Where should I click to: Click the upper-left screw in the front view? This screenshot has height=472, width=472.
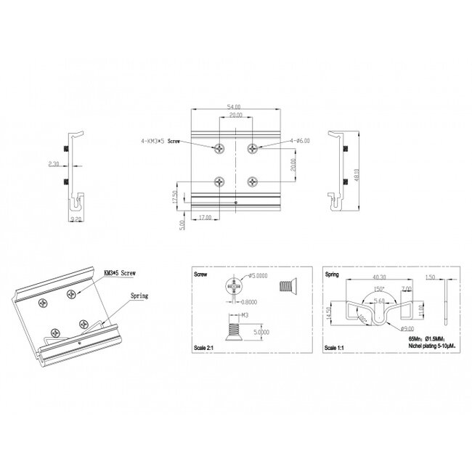point(220,149)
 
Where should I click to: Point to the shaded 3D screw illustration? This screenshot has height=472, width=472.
point(287,288)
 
